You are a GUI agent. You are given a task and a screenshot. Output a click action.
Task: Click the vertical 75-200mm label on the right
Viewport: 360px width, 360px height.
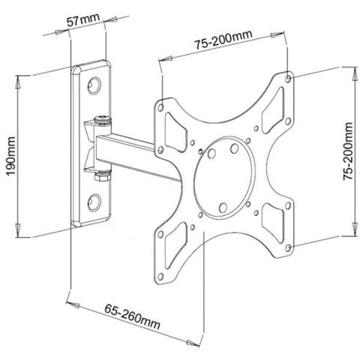click(x=349, y=162)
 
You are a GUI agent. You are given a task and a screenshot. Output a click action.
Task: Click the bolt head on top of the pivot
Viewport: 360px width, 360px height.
click(x=100, y=118)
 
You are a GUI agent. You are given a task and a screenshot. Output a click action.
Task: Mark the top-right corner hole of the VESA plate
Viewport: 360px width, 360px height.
click(x=291, y=77)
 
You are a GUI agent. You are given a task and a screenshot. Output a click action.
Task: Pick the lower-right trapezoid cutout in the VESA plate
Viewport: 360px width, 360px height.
click(x=275, y=217)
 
